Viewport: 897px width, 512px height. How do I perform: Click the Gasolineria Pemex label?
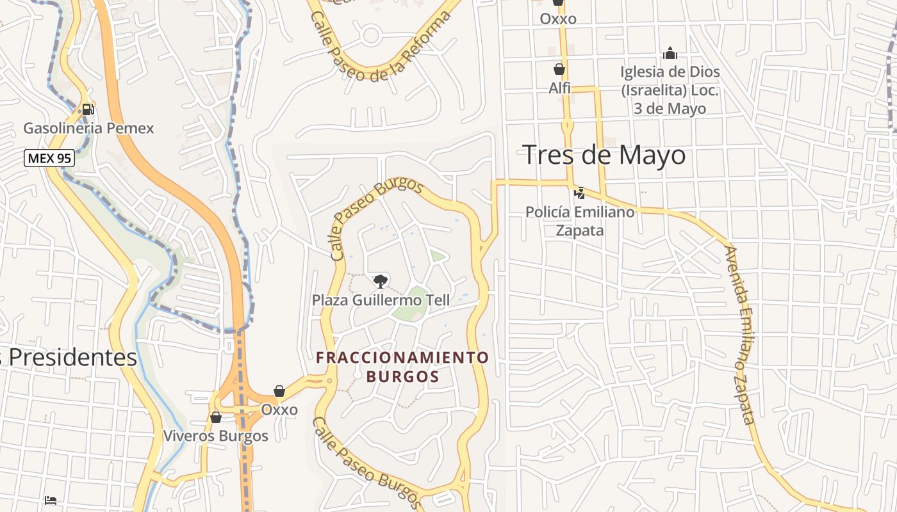coord(89,128)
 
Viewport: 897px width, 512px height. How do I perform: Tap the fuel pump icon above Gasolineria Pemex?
coord(88,109)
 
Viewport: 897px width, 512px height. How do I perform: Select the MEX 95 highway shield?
coord(49,157)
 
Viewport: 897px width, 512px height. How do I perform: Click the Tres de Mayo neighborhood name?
coord(604,155)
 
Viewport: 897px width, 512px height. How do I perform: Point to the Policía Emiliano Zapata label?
coord(580,220)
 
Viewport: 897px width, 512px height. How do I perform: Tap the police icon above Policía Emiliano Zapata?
coord(579,193)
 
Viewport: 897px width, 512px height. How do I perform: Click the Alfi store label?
coord(559,88)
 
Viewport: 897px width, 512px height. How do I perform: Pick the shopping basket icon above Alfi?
coord(559,69)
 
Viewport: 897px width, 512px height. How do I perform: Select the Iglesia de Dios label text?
coord(670,90)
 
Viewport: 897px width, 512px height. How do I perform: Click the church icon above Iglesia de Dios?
coord(670,53)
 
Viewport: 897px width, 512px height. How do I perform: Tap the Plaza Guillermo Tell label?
coord(381,300)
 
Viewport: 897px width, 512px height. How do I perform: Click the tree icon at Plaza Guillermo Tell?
coord(381,281)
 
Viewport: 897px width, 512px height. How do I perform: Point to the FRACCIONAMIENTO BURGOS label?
coord(403,367)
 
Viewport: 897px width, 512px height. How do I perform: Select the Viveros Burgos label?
coord(216,436)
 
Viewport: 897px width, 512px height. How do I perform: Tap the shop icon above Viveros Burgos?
coord(216,417)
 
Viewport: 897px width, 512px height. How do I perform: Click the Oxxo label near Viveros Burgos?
coord(279,410)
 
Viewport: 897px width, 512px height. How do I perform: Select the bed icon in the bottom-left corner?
coord(51,499)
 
